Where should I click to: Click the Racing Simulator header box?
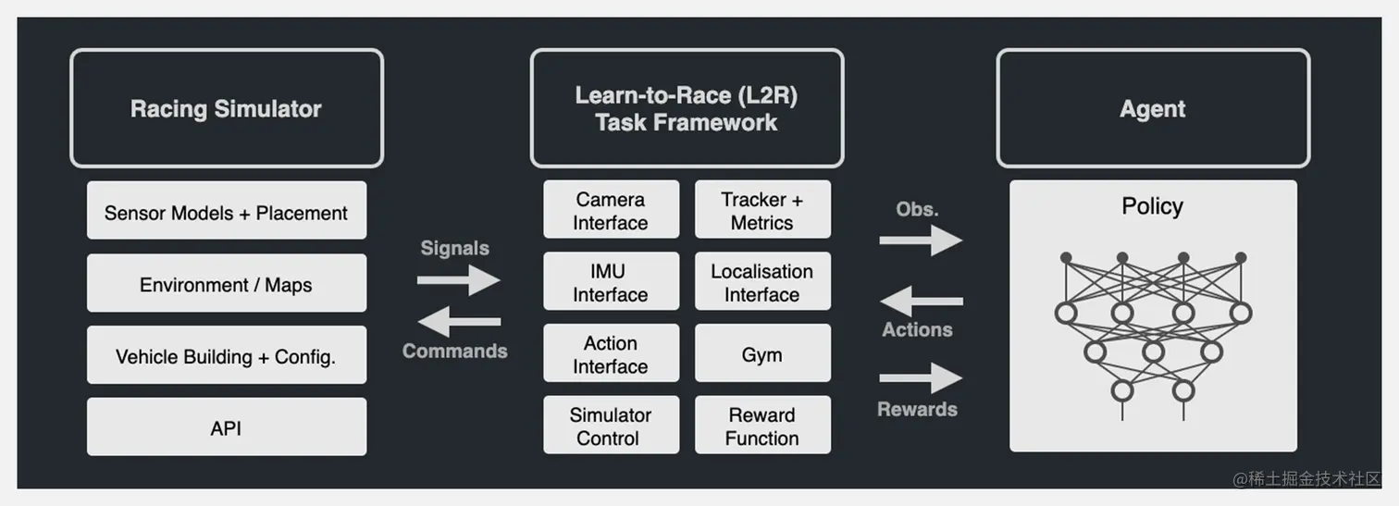pyautogui.click(x=227, y=108)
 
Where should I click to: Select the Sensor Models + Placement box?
pyautogui.click(x=227, y=211)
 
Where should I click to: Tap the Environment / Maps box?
pyautogui.click(x=227, y=283)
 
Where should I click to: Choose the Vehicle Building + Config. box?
pyautogui.click(x=227, y=355)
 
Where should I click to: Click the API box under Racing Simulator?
pyautogui.click(x=227, y=426)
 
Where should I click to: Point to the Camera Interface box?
pyautogui.click(x=612, y=209)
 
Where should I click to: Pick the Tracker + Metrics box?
pyautogui.click(x=762, y=209)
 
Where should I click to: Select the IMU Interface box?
pyautogui.click(x=612, y=281)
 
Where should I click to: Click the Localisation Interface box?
pyautogui.click(x=762, y=281)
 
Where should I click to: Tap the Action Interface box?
pyautogui.click(x=612, y=353)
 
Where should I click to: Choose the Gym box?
pyautogui.click(x=762, y=353)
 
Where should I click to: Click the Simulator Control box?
pyautogui.click(x=612, y=425)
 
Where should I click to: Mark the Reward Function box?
pyautogui.click(x=762, y=425)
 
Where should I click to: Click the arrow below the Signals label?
pyautogui.click(x=459, y=280)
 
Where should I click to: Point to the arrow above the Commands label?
pyautogui.click(x=459, y=322)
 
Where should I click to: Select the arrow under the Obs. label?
pyautogui.click(x=922, y=240)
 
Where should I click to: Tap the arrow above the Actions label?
pyautogui.click(x=922, y=301)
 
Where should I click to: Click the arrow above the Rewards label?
pyautogui.click(x=922, y=378)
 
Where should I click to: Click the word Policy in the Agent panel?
pyautogui.click(x=1152, y=206)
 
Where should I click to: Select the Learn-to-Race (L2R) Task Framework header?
pyautogui.click(x=687, y=108)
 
